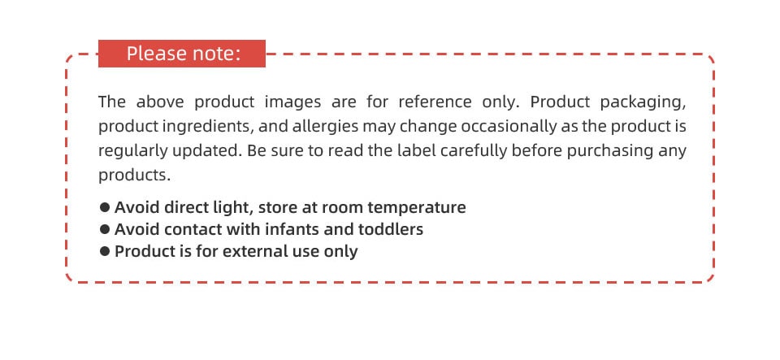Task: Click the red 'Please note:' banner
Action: [x=181, y=53]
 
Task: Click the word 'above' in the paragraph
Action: [x=160, y=102]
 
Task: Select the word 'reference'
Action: [x=435, y=102]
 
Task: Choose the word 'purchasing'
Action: [x=610, y=151]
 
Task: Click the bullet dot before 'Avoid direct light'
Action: [x=105, y=207]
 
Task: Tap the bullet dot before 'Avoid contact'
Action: [x=105, y=228]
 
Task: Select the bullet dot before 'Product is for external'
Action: [x=105, y=251]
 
